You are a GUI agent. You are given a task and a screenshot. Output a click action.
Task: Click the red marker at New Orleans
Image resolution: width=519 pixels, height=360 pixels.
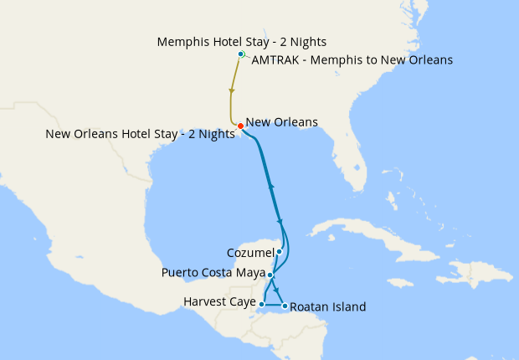tap(240, 126)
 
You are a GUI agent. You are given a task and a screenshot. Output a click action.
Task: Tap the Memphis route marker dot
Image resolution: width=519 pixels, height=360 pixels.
tap(241, 54)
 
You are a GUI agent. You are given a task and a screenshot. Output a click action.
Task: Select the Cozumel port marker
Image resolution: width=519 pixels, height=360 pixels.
tap(280, 251)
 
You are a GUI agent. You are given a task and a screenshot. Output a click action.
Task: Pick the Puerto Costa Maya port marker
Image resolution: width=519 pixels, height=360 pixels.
tap(270, 274)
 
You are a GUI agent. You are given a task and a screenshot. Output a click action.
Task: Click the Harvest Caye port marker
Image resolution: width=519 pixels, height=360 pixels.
tap(263, 304)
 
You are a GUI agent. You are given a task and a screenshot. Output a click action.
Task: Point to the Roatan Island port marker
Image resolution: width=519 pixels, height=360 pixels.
tap(285, 306)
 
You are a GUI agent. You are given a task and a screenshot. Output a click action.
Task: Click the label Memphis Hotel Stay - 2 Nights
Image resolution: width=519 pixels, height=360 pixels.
tap(242, 41)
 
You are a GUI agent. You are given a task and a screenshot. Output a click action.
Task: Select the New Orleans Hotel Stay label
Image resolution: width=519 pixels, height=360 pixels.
tap(141, 134)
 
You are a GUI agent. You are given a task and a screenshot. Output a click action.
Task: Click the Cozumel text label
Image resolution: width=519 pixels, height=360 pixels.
tap(250, 252)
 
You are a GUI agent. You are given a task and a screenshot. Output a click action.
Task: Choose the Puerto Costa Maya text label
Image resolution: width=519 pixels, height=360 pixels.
tap(213, 274)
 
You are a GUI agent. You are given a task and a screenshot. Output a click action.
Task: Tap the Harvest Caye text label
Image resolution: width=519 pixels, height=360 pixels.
tap(219, 301)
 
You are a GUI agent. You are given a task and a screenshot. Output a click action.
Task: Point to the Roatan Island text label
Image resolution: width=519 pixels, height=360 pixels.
tap(328, 307)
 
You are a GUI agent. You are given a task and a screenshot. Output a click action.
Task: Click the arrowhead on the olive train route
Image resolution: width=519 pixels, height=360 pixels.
tap(231, 90)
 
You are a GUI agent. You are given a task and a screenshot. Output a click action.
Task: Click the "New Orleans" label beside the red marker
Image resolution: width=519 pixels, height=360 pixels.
tap(282, 122)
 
